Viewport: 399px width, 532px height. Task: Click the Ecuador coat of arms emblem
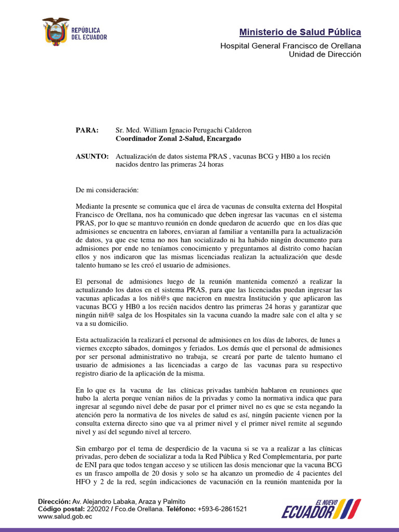pos(56,31)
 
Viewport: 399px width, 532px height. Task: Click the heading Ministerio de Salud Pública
pos(300,33)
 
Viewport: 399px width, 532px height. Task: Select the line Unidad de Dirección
pos(325,54)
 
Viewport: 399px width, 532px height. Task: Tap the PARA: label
pos(87,130)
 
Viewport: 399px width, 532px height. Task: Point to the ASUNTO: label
pos(92,156)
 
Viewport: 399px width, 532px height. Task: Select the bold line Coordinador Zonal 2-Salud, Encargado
pos(178,139)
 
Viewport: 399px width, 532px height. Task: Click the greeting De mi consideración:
pos(107,191)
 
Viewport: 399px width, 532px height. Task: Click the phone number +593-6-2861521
pos(222,510)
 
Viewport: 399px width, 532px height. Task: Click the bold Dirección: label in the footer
pos(55,502)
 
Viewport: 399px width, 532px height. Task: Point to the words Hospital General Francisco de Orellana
pos(290,46)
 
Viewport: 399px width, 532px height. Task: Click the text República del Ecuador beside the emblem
pos(89,34)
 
